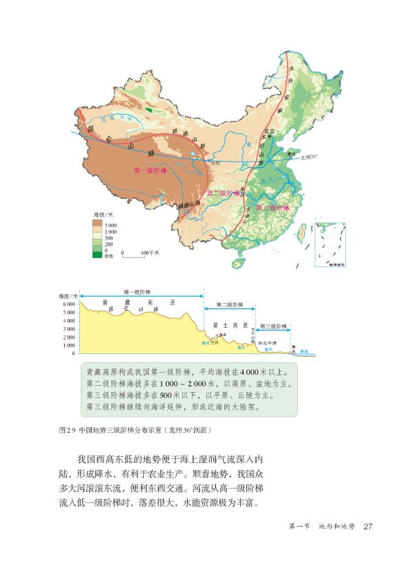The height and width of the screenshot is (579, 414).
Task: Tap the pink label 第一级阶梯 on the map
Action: pos(149,170)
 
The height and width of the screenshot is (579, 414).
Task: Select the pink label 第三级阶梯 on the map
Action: pos(271,207)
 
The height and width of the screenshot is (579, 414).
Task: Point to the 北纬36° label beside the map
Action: pos(307,158)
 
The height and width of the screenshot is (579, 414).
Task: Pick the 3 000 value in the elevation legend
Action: pos(110,226)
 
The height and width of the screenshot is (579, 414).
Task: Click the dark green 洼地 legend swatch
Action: pos(97,255)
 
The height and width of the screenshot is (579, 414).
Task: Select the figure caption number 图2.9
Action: pos(67,429)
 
